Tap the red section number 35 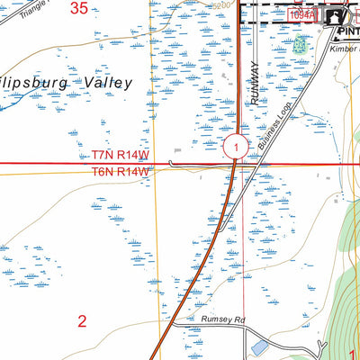coord(80,9)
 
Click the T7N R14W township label coord(119,155)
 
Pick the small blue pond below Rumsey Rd coord(259,346)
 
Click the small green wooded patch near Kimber coord(300,42)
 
